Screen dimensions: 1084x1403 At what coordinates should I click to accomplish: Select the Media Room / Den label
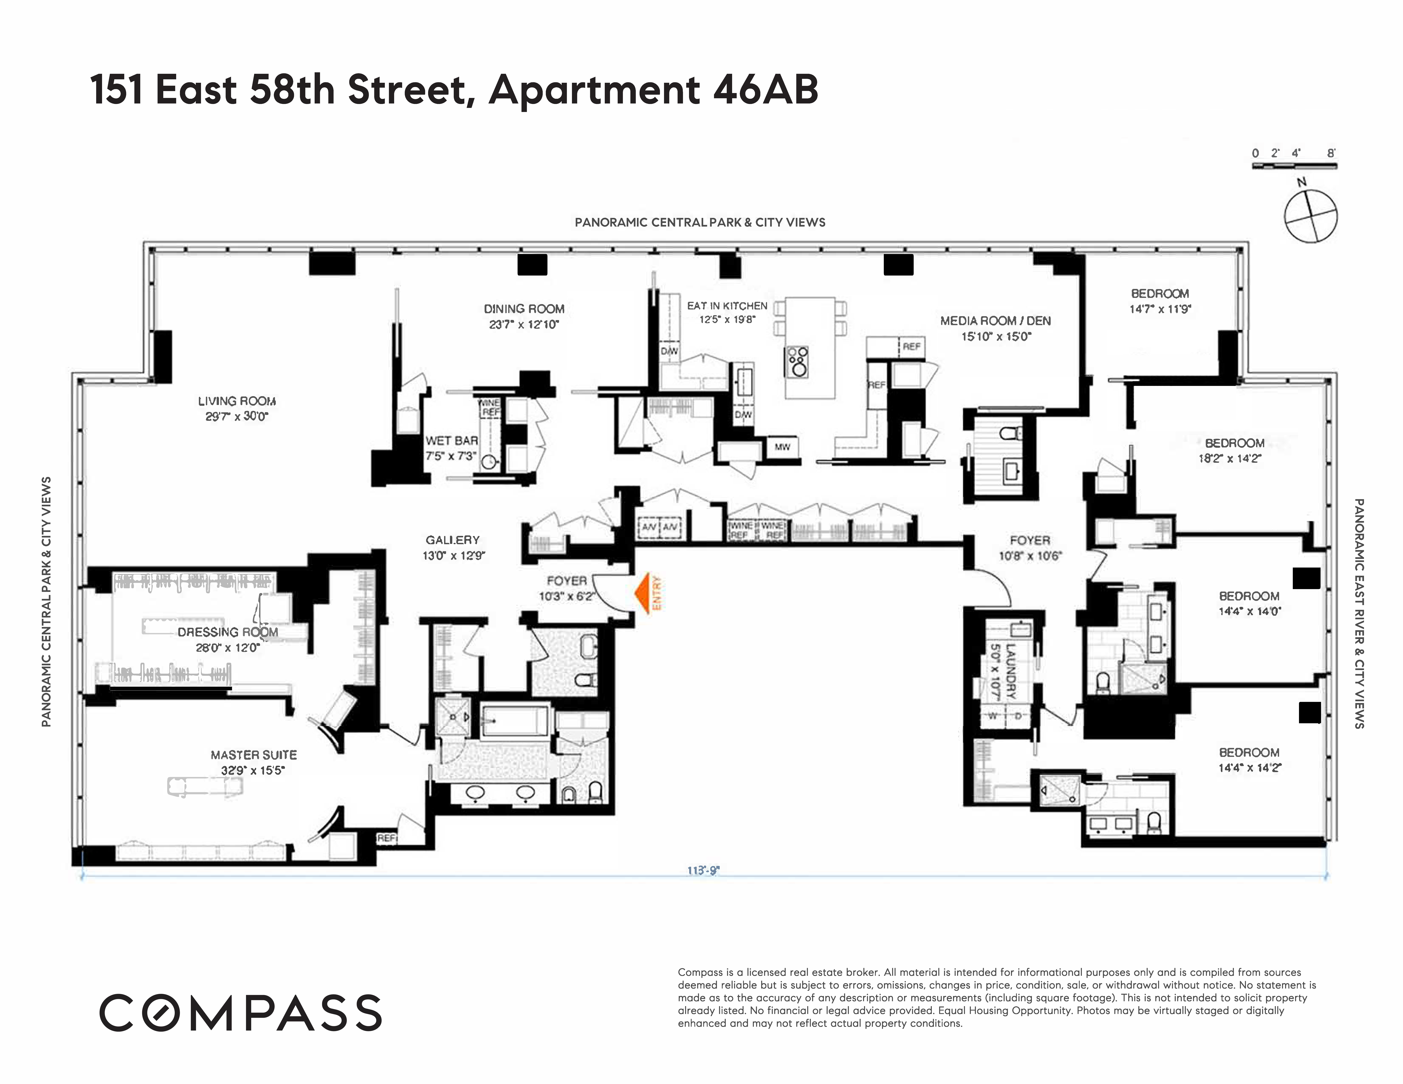(x=995, y=321)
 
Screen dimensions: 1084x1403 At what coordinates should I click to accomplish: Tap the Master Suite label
(x=254, y=755)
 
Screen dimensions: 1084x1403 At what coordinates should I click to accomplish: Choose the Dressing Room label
(x=228, y=633)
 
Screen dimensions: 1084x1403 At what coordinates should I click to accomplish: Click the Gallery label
(x=452, y=540)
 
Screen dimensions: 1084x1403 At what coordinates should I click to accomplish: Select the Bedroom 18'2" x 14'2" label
(x=1234, y=443)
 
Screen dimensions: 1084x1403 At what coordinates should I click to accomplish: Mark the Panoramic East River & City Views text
(x=1359, y=613)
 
